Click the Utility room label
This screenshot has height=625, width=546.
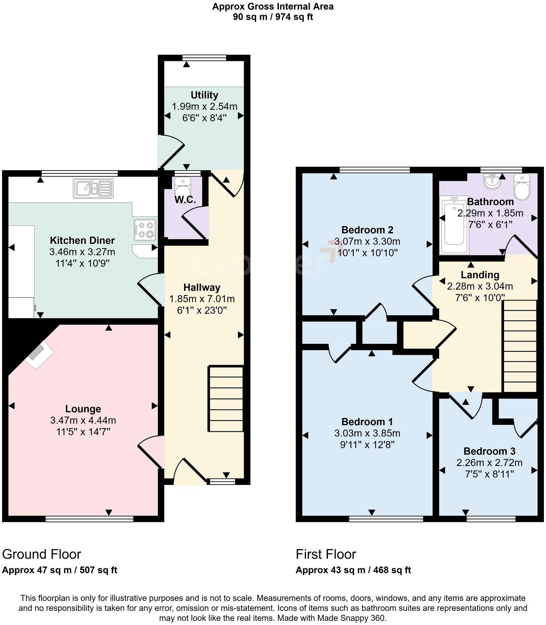point(204,95)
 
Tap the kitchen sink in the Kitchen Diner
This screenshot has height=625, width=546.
point(93,188)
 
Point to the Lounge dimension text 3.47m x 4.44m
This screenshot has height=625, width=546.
point(83,420)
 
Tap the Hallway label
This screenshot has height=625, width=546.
point(202,287)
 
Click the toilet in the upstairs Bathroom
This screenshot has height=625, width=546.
point(521,186)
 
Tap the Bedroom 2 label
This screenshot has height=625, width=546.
point(367,230)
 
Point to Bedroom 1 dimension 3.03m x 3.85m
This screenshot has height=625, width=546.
point(367,433)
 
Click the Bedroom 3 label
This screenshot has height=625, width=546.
point(489,451)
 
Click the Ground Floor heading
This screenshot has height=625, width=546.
point(42,554)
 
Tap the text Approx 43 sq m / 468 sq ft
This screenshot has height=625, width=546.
point(353,570)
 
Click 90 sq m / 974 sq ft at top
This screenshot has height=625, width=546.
point(273,17)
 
